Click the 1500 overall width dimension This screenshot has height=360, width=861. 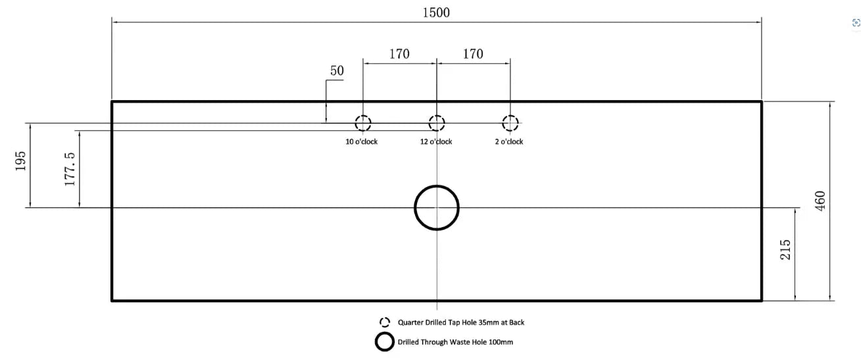pos(436,13)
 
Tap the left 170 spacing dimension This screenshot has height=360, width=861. pos(399,54)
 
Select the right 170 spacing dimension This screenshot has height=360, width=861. pos(473,54)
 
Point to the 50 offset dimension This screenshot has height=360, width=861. pos(337,71)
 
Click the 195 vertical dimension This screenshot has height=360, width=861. pos(21,161)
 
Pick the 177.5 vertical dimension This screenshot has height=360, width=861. pos(70,169)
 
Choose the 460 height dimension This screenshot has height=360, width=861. pos(820,201)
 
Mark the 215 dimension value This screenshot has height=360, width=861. pos(785,249)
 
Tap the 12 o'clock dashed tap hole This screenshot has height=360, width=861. pos(437,116)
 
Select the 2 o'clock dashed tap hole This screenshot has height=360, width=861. pos(510,116)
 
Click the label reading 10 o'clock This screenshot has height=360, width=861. pos(361,141)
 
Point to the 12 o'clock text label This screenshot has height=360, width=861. pos(436,141)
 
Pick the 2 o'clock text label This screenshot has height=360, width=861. pos(509,141)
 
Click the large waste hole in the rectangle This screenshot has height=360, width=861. pos(437,186)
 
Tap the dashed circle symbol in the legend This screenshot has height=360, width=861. pos(385,318)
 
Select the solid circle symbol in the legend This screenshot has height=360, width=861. pos(385,334)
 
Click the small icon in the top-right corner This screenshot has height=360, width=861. pos(856,23)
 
